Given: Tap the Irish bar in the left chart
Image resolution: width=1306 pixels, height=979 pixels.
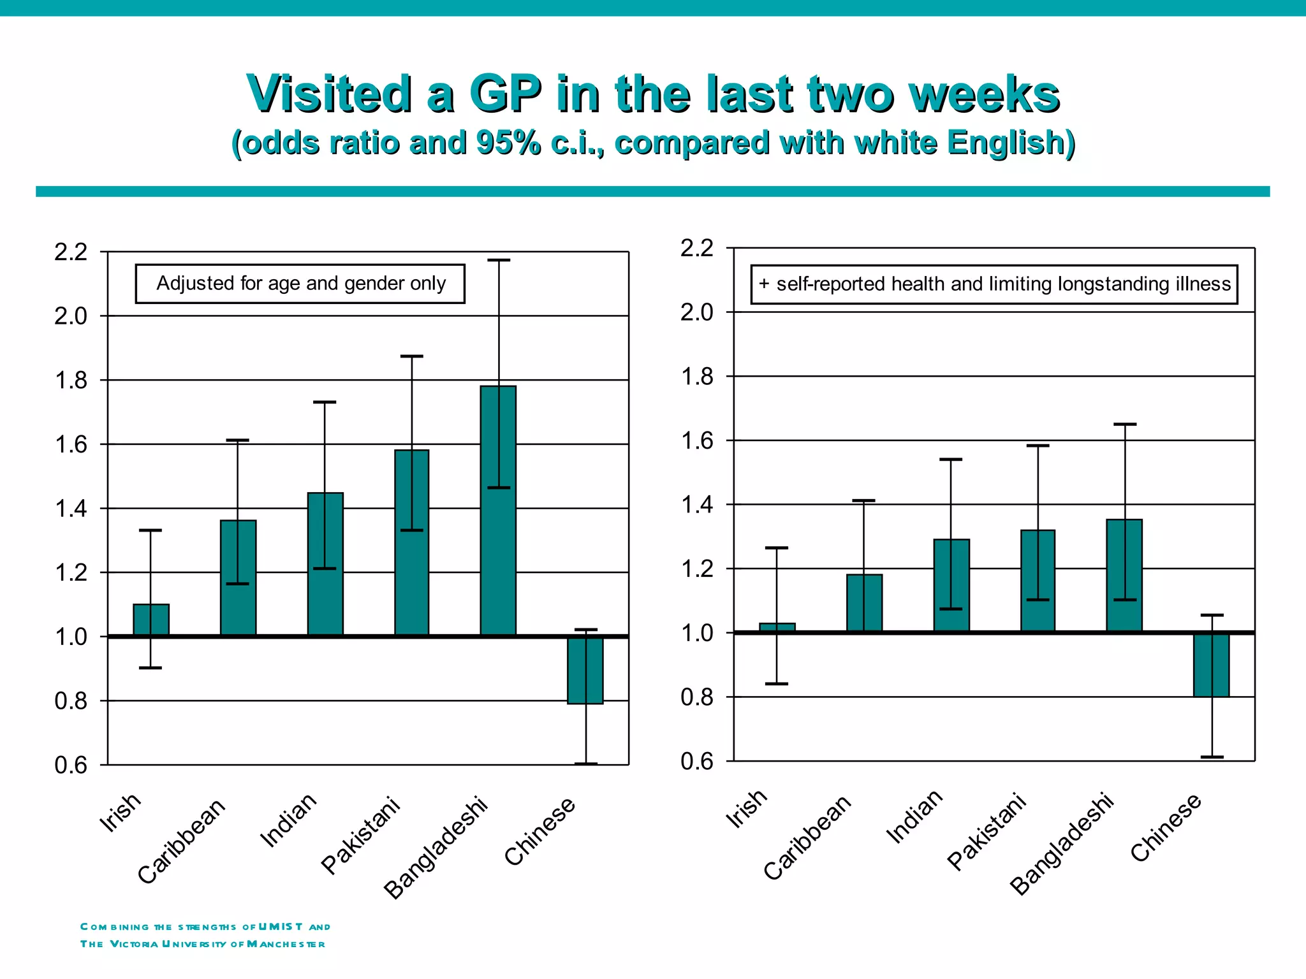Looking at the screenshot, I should click(151, 620).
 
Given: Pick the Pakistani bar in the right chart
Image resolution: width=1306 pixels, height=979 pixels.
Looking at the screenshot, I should click(1038, 581).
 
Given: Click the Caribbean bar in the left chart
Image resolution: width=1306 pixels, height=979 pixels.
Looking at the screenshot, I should click(238, 577).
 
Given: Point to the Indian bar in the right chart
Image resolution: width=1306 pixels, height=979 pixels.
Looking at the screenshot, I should click(951, 586).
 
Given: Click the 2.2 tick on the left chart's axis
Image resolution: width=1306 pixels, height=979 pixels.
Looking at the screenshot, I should click(71, 252).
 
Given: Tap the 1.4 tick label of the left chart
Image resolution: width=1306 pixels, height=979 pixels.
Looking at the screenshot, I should click(71, 509).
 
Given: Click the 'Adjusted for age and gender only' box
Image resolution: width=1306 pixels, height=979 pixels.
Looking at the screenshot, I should click(300, 284).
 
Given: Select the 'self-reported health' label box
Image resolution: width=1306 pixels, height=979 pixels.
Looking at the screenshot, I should click(994, 284).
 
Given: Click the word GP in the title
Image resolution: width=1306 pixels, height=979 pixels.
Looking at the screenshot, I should click(505, 94).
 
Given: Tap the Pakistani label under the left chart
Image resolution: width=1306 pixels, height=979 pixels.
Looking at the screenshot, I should click(361, 835).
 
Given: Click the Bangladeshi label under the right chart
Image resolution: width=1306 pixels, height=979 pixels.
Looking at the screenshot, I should click(1062, 844).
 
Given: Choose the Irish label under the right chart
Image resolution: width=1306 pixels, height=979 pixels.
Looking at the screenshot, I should click(746, 809).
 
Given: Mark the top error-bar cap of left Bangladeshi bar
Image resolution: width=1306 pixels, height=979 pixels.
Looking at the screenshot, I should click(499, 260).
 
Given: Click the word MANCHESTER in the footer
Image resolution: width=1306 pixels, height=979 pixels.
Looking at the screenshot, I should click(286, 944).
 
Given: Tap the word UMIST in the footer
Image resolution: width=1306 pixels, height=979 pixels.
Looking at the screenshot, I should click(281, 927).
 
